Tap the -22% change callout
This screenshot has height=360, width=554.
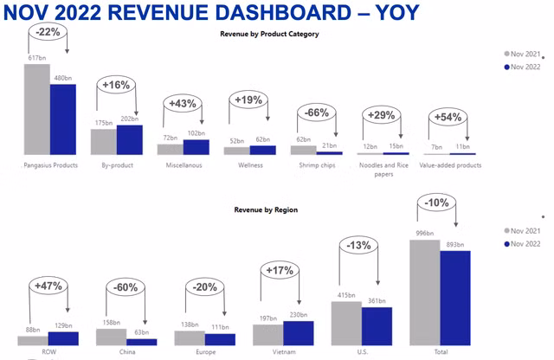tap(48, 32)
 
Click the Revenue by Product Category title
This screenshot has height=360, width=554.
tap(271, 34)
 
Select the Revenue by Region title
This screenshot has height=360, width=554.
tap(271, 209)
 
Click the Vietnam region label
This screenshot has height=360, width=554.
tap(283, 352)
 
